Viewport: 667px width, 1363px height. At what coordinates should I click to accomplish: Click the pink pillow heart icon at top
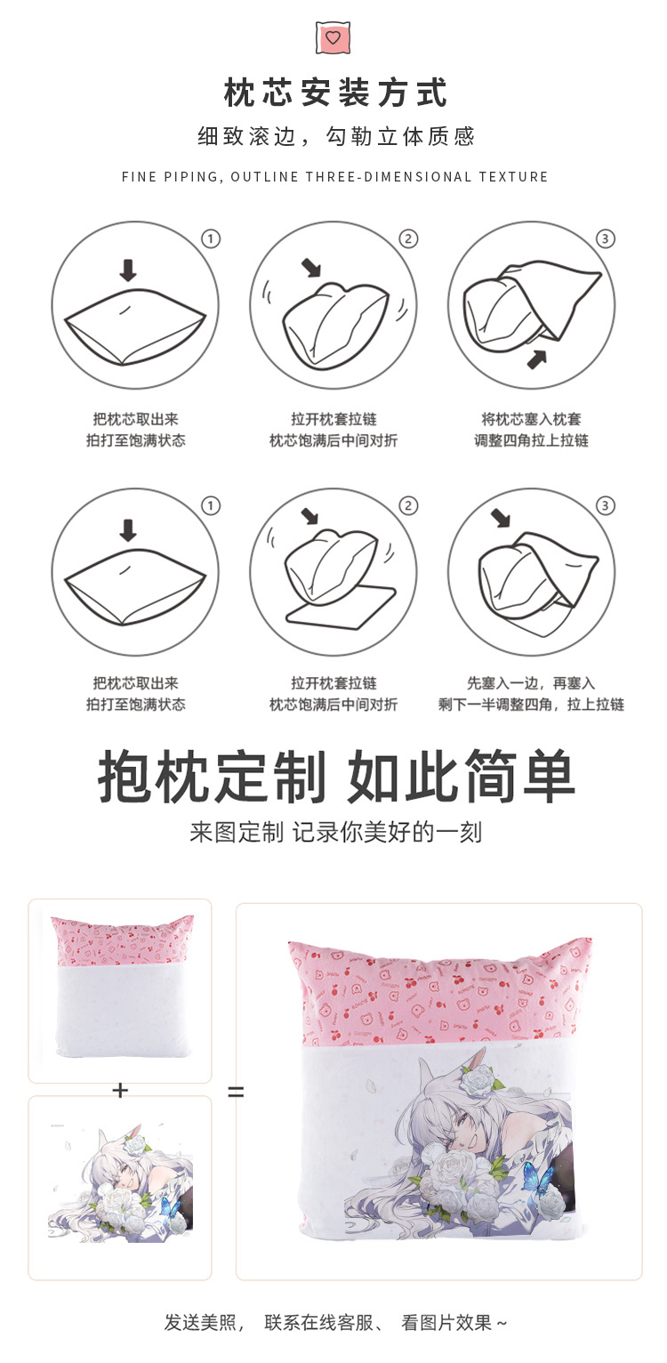pos(333,38)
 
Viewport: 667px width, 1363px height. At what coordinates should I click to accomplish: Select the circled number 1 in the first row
pos(211,238)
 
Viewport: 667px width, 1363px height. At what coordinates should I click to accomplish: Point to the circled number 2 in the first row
pos(408,238)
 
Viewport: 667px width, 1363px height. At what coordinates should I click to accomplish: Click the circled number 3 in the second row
pos(606,505)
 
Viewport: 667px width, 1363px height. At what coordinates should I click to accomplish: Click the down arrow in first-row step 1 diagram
pos(128,270)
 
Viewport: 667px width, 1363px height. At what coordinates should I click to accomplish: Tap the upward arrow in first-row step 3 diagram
pos(537,359)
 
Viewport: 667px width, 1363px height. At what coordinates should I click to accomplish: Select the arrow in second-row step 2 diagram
pos(309,515)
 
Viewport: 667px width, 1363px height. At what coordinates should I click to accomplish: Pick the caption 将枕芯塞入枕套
pos(531,418)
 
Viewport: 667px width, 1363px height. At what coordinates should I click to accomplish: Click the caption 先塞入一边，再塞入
pos(531,683)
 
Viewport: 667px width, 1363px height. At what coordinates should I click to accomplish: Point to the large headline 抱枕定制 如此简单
pos(336,778)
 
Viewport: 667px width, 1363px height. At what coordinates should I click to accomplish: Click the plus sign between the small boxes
pos(120,1090)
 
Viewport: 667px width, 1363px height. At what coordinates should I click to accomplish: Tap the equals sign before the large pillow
pos(236,1091)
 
